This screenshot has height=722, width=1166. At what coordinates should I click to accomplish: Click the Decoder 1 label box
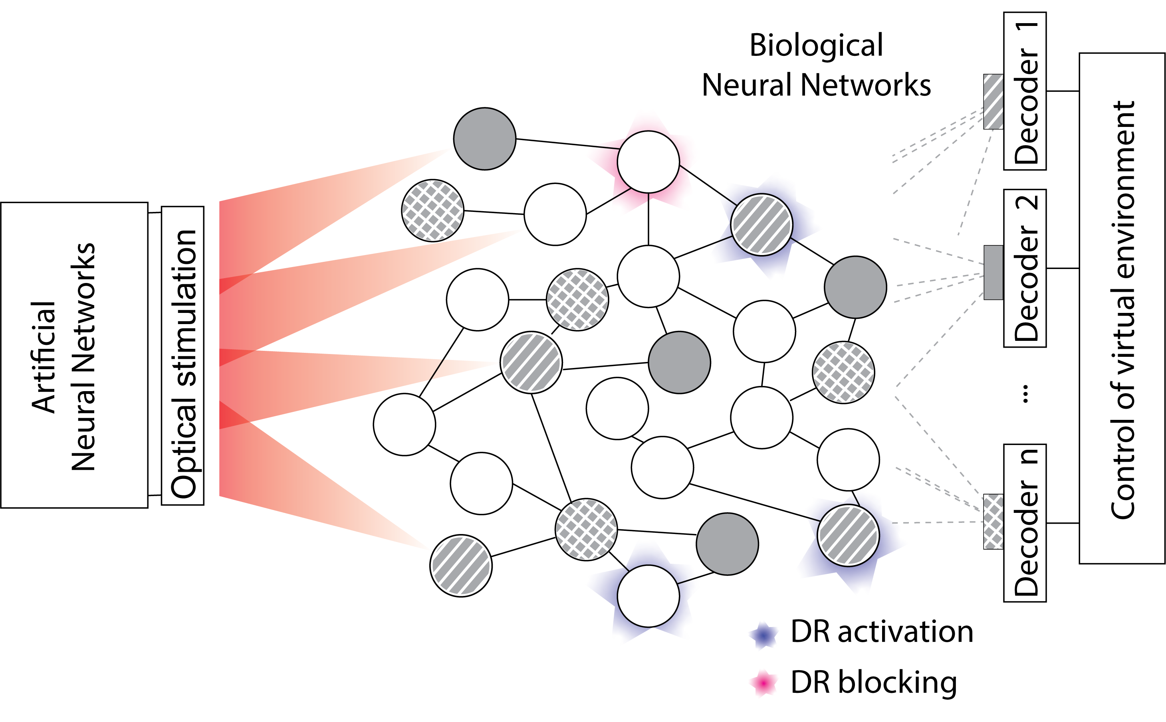coord(1025,91)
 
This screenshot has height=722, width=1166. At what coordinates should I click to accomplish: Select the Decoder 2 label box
coord(1025,268)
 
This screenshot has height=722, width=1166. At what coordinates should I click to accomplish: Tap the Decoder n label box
coord(1025,522)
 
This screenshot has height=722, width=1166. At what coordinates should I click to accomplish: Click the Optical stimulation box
coord(182,356)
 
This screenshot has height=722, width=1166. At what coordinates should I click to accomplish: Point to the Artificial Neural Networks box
coord(74,355)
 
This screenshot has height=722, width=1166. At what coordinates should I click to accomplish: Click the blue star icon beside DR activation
coord(764,635)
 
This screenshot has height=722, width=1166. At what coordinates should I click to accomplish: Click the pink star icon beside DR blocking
coord(764,683)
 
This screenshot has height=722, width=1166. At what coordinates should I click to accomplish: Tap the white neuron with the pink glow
coord(648,162)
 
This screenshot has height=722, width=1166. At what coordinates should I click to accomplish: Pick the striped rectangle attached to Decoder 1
coord(993,101)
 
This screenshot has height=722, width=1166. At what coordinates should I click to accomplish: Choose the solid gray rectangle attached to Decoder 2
coord(993,272)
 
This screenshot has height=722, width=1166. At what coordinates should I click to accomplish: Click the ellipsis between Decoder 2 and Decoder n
coord(1025,394)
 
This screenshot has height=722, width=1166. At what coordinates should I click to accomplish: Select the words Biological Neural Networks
coord(816,65)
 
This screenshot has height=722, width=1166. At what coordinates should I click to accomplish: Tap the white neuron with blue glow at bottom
coord(648,595)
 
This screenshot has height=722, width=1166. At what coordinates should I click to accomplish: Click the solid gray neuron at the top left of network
coord(484,138)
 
